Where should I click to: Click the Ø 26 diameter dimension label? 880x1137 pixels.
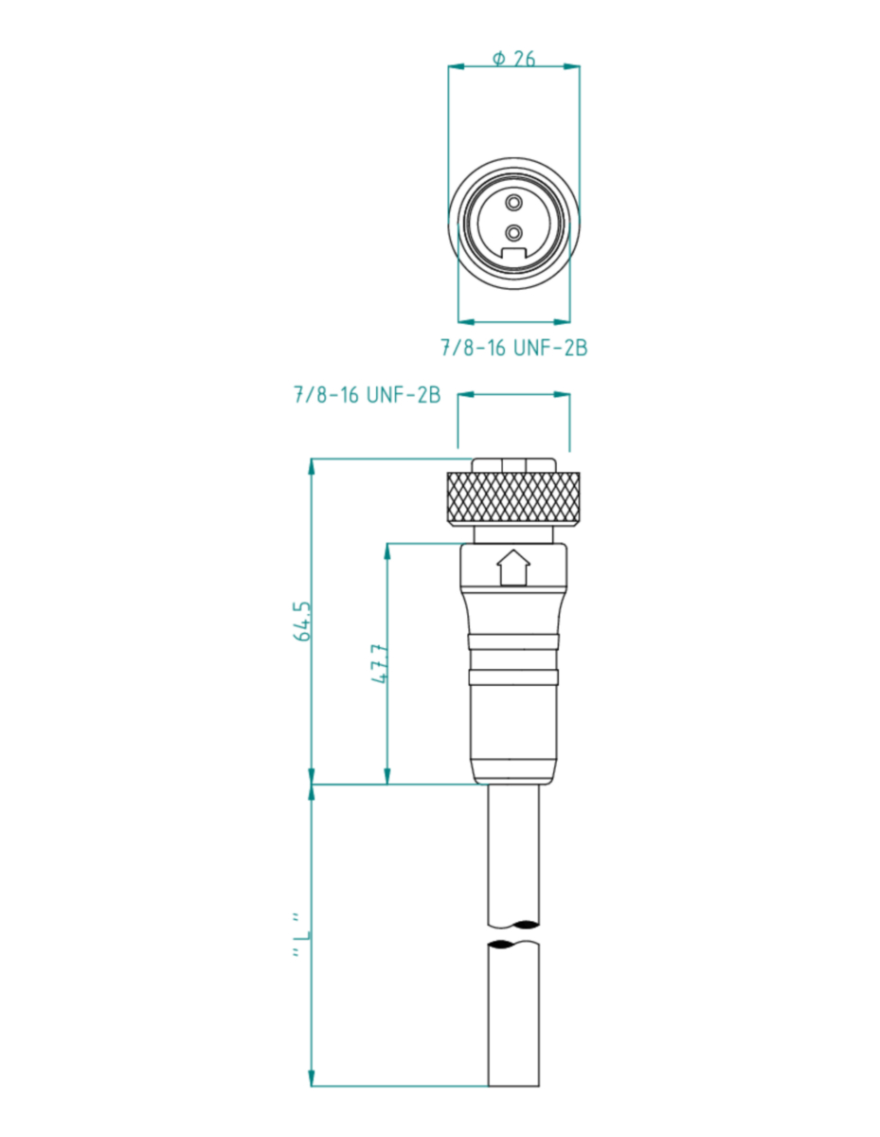pyautogui.click(x=513, y=59)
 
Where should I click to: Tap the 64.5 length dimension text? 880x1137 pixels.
pyautogui.click(x=302, y=621)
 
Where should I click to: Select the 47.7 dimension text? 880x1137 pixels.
pyautogui.click(x=379, y=664)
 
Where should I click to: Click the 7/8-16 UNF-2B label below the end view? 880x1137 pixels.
pyautogui.click(x=514, y=348)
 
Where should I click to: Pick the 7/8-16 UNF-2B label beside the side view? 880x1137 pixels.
pyautogui.click(x=368, y=395)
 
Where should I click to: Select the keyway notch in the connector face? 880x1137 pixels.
pyautogui.click(x=514, y=253)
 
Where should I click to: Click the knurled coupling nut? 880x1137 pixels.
pyautogui.click(x=513, y=496)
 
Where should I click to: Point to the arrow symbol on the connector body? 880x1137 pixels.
pyautogui.click(x=513, y=568)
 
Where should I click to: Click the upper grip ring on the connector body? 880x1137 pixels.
pyautogui.click(x=513, y=642)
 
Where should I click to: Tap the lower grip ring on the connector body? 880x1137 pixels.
pyautogui.click(x=513, y=677)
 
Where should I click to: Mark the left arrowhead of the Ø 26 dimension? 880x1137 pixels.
pyautogui.click(x=456, y=66)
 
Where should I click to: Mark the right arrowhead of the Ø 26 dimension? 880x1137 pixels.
pyautogui.click(x=571, y=66)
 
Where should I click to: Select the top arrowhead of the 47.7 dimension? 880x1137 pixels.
pyautogui.click(x=386, y=551)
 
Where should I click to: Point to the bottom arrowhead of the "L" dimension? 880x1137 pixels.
pyautogui.click(x=312, y=1078)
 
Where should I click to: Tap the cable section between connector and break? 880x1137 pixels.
pyautogui.click(x=513, y=857)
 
